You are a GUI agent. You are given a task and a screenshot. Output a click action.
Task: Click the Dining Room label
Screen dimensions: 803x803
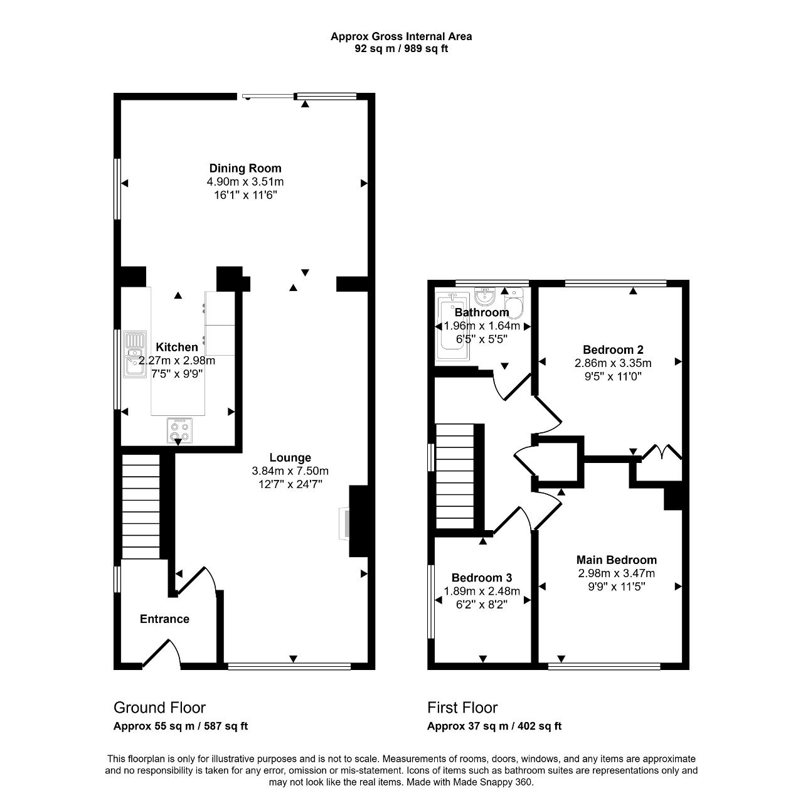pos(245,168)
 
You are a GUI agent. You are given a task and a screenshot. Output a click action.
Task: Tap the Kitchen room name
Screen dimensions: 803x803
pos(177,347)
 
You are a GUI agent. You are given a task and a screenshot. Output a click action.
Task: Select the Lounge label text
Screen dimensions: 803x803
pos(290,457)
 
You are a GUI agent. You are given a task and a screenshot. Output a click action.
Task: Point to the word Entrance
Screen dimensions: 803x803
pos(164,619)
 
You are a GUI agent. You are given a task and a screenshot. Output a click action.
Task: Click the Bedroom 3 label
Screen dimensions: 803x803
pos(482,578)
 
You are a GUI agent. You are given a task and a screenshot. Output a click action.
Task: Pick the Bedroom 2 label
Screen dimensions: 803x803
pos(613,349)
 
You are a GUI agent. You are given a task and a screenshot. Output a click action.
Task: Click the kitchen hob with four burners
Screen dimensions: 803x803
pos(179,430)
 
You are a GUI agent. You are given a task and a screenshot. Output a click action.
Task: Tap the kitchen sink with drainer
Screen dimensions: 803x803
pos(135,354)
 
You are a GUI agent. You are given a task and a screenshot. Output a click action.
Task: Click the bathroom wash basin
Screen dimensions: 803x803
pos(485,296)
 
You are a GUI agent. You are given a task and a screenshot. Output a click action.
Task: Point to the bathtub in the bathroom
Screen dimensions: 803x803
pos(452,326)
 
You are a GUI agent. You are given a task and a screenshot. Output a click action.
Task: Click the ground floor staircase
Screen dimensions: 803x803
pos(141,506)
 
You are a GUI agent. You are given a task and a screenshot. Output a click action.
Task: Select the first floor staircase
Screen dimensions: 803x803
pos(455,477)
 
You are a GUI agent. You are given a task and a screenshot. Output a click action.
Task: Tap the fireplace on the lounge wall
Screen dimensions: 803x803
pos(345,523)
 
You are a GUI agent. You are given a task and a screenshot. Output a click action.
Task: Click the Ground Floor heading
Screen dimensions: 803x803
pos(159,708)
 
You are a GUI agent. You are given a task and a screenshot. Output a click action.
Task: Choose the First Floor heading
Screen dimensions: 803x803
pos(462,708)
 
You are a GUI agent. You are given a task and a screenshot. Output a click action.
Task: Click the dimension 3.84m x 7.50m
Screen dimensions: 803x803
pos(290,471)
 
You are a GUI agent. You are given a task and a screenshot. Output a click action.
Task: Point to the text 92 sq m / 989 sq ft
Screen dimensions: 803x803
pos(401,49)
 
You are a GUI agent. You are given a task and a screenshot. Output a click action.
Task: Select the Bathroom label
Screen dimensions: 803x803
pos(482,312)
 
